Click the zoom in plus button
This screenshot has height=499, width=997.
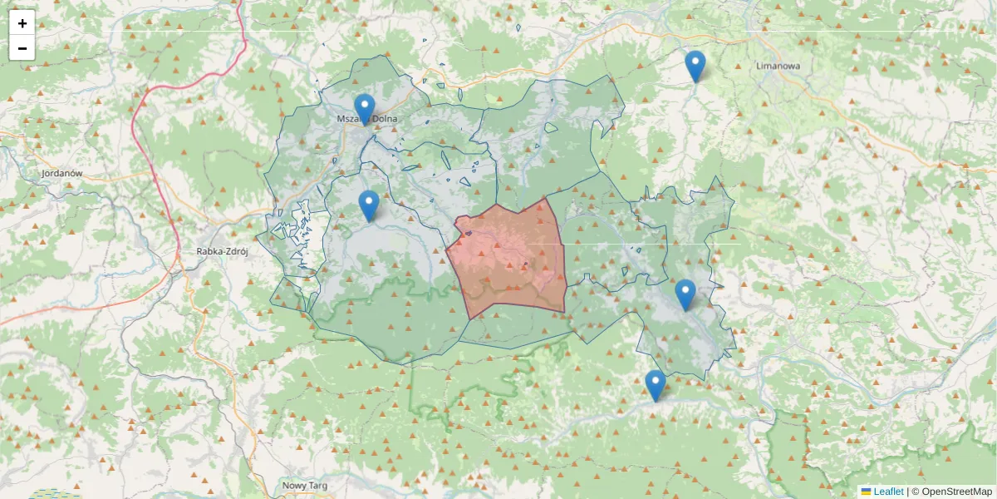(x=22, y=23)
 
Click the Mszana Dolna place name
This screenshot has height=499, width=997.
(x=367, y=119)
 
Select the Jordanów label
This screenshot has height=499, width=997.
(x=61, y=173)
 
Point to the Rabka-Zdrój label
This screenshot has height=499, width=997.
(x=220, y=250)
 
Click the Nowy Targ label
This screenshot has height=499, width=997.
(x=305, y=485)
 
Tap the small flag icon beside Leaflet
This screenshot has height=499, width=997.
(x=866, y=492)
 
